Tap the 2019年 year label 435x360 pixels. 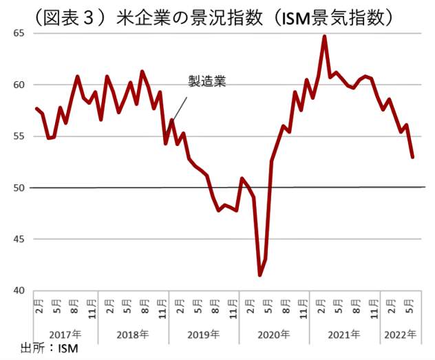coord(204,335)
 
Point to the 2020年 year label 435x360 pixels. coord(275,335)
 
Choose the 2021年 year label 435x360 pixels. coord(345,335)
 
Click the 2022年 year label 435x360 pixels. coord(401,335)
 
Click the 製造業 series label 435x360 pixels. coord(208,81)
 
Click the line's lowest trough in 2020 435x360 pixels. coord(260,275)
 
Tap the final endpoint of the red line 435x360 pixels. coord(412,158)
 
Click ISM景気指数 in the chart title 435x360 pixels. coord(337,15)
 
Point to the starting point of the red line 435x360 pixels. coord(36,108)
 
